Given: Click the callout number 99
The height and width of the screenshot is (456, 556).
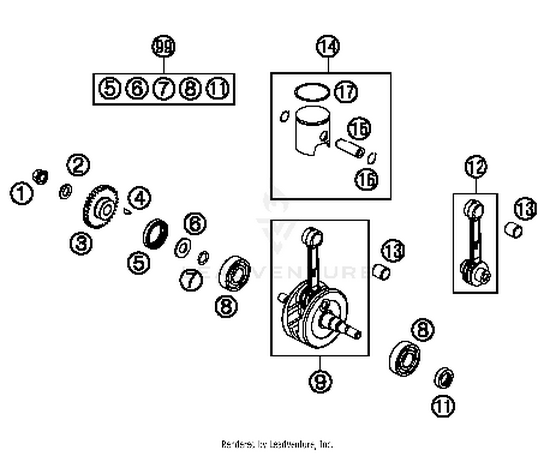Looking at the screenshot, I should tap(163, 47).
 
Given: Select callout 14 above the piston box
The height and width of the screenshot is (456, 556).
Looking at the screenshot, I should tap(328, 47).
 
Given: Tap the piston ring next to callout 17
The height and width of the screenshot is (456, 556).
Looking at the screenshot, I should tap(312, 92).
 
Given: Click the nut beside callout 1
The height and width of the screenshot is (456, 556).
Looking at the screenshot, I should tap(40, 176).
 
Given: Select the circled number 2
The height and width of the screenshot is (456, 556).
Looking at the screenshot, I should tap(78, 165).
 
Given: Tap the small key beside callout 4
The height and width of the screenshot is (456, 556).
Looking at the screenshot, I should tap(127, 211).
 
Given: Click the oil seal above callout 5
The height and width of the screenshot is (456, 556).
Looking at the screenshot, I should tap(155, 234).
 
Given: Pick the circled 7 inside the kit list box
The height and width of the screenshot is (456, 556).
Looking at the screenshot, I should tap(163, 89).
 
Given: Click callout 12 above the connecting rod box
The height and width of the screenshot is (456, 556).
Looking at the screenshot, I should tap(476, 167).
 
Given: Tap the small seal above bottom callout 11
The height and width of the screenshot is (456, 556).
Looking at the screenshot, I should tap(444, 378).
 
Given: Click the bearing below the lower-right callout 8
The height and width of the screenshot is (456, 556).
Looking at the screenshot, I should tap(404, 358).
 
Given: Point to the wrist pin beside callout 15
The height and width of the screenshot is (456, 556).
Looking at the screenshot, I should tap(350, 148).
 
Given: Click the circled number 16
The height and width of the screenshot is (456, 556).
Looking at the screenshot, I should tap(367, 180).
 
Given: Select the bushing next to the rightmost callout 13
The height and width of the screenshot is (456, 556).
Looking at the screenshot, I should tap(514, 230).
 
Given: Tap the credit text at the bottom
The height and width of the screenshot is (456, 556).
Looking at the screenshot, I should tap(277, 444).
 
